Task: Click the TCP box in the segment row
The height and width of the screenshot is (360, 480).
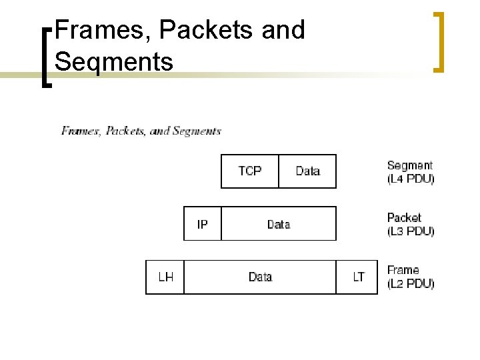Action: click(x=250, y=171)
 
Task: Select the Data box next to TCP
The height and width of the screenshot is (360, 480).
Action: click(x=307, y=171)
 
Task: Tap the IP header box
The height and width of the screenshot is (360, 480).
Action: click(x=203, y=224)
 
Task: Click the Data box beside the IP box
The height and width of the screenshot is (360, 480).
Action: click(x=278, y=224)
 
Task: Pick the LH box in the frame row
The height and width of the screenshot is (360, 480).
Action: click(x=165, y=277)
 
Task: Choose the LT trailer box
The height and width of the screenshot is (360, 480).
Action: click(x=359, y=277)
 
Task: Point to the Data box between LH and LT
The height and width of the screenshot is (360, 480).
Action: click(x=259, y=277)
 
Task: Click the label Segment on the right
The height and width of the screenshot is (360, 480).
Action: click(x=409, y=165)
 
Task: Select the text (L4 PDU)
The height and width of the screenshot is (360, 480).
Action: click(x=411, y=179)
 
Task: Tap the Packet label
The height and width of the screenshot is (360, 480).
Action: click(x=404, y=218)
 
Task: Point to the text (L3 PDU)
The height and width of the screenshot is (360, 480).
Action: click(x=411, y=231)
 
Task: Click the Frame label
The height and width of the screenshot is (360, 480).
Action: click(x=403, y=270)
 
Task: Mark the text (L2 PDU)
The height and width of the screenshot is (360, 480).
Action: click(x=411, y=283)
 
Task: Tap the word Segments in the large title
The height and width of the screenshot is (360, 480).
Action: click(x=114, y=61)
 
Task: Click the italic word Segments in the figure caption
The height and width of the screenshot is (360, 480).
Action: click(x=196, y=131)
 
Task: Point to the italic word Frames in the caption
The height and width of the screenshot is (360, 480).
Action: click(x=81, y=131)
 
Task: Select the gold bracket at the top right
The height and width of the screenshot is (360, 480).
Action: click(x=438, y=41)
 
